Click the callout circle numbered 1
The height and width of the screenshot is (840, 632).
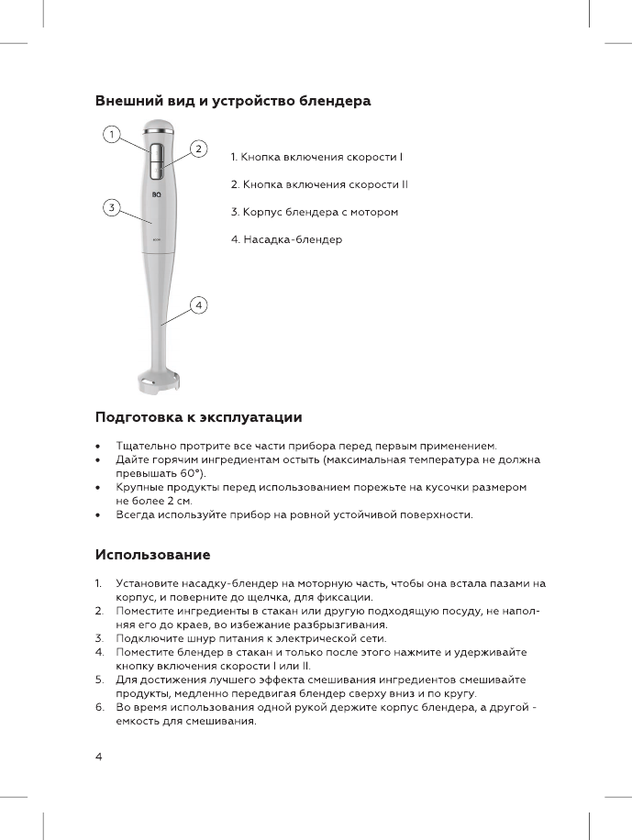(x=110, y=135)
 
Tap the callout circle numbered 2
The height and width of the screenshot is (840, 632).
(x=197, y=149)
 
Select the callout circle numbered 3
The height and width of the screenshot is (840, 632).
(x=110, y=207)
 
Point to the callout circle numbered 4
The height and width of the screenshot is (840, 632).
(x=197, y=304)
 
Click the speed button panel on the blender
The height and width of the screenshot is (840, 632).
(x=155, y=160)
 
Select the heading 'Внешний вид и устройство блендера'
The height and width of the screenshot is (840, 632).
(x=233, y=101)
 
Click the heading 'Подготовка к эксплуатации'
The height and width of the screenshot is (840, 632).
(x=199, y=418)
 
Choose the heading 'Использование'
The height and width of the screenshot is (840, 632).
(x=153, y=555)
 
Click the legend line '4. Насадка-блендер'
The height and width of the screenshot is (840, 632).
(x=286, y=239)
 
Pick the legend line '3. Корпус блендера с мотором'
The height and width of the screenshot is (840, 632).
(x=315, y=212)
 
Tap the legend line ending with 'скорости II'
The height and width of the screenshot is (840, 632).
(x=319, y=184)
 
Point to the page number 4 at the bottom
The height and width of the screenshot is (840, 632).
(x=99, y=756)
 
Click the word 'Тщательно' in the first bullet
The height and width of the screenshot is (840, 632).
(x=145, y=445)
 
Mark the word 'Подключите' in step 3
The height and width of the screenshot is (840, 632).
(x=149, y=637)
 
